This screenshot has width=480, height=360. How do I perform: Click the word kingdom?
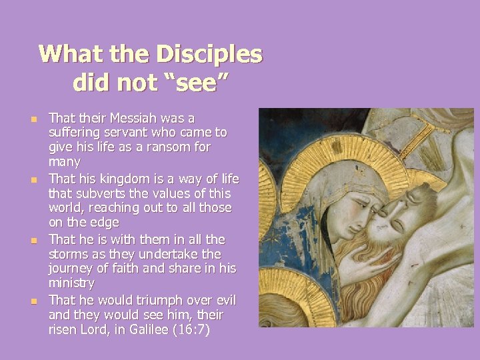[123, 178]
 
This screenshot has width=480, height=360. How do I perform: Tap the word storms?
[69, 254]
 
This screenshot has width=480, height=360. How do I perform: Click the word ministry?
[71, 284]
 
